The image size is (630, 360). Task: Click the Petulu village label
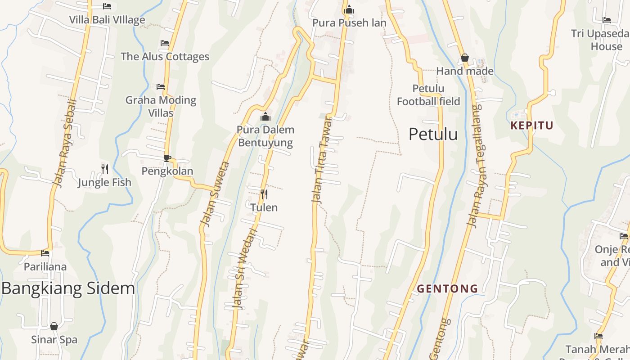(x=433, y=134)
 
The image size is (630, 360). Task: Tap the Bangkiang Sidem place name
(x=68, y=288)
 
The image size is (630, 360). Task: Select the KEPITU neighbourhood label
(x=531, y=126)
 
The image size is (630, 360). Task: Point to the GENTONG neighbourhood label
(x=447, y=288)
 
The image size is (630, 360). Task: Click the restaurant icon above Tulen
(x=264, y=194)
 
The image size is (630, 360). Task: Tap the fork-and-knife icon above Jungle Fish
(x=105, y=169)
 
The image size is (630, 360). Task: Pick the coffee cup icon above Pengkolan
(x=167, y=158)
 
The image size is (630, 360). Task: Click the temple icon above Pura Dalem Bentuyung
(x=265, y=117)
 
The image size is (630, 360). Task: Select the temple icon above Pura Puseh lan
(x=349, y=9)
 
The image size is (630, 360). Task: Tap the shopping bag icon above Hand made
(x=465, y=58)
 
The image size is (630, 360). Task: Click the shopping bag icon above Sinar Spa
(x=54, y=326)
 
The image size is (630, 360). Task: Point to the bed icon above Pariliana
(x=45, y=253)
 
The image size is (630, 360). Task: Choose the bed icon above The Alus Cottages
(x=165, y=43)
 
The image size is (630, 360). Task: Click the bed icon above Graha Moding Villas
(x=161, y=87)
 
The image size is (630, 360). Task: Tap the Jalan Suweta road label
(x=215, y=193)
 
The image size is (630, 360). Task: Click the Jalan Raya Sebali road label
(x=65, y=143)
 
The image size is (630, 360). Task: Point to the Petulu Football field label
(x=428, y=95)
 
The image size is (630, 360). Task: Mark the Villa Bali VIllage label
(x=107, y=20)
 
